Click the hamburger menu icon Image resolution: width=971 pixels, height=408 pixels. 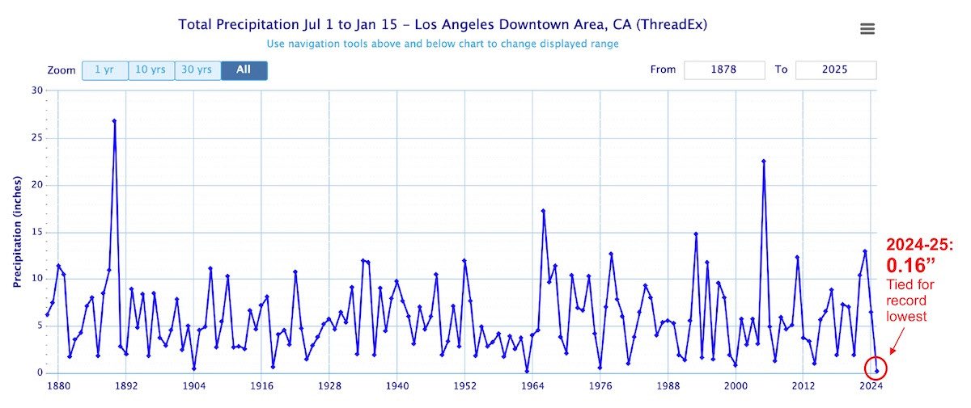[867, 29]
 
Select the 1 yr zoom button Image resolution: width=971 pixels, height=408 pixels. [104, 70]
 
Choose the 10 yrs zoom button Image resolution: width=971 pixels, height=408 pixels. [151, 70]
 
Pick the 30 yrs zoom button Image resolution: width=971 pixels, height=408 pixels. [197, 70]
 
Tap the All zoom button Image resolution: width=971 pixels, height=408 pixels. [244, 70]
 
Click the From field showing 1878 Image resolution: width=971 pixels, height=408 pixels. [724, 70]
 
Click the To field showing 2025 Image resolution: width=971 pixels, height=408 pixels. [835, 70]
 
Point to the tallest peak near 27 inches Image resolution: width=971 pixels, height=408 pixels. [114, 121]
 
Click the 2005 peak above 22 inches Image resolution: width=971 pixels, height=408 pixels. [763, 161]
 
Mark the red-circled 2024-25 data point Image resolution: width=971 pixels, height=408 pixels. [876, 371]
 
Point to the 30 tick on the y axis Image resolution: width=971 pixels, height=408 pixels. [36, 90]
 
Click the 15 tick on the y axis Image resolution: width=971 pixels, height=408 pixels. [36, 232]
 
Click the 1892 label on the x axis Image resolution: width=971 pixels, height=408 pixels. [125, 386]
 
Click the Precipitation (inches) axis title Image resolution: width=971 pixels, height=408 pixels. [16, 231]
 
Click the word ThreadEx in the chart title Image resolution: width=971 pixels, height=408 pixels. [676, 24]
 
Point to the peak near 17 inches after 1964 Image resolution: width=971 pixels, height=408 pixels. [543, 211]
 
